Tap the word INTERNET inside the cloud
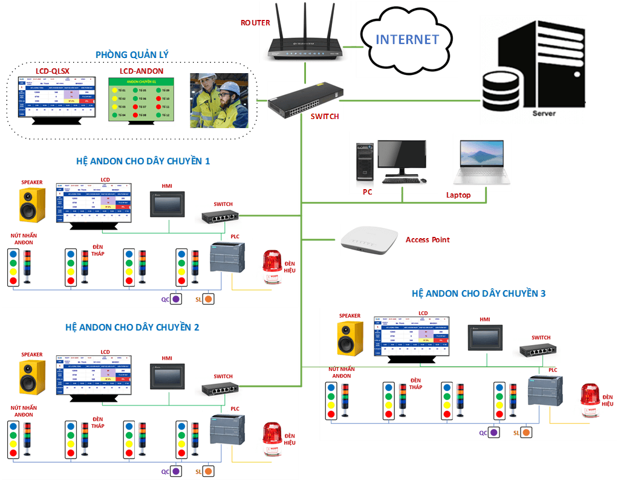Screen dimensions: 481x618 [407, 40]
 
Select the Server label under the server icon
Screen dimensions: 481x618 [544, 113]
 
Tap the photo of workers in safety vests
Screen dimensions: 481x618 [219, 100]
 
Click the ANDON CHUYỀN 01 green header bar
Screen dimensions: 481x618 [141, 81]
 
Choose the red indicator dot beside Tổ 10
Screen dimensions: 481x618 [158, 98]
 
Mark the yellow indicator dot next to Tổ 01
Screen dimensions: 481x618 [114, 89]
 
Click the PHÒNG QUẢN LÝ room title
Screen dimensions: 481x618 [132, 54]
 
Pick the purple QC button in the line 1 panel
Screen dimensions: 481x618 [176, 299]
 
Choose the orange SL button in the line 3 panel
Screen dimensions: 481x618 [527, 433]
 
